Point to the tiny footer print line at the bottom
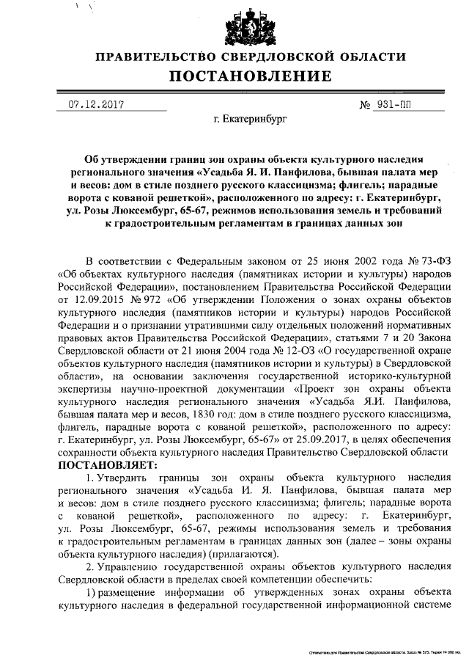[388, 651]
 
